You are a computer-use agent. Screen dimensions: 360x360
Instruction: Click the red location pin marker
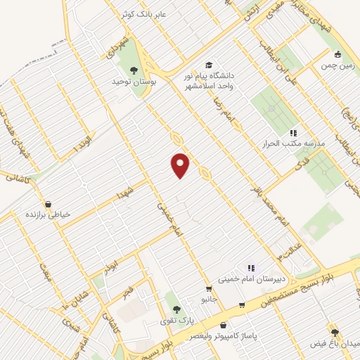pos(181,165)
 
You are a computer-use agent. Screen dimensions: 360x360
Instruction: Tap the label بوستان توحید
pos(133,82)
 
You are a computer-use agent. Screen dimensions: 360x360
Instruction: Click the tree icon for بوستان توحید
pos(134,70)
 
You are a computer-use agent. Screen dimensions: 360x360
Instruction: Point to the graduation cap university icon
pos(209,65)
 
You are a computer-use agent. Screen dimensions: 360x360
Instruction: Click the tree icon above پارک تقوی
pos(176,309)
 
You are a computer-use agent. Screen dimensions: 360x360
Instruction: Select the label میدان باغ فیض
pos(337,344)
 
